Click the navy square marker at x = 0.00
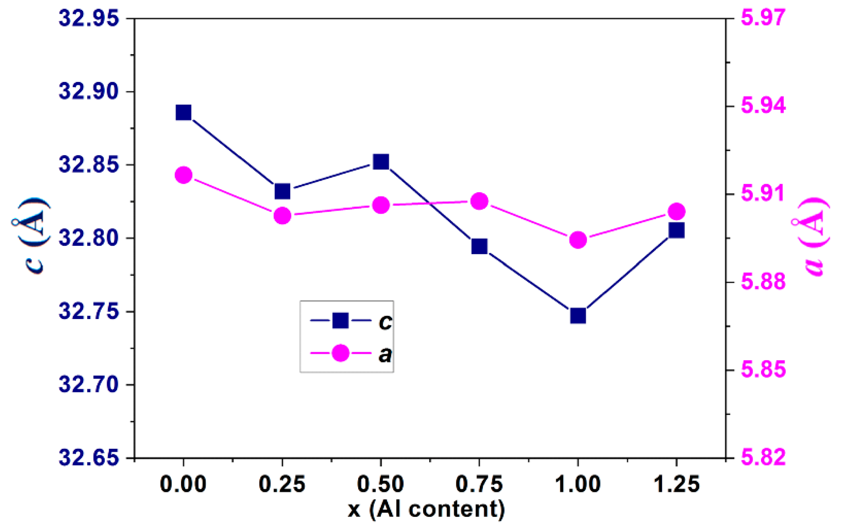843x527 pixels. point(183,112)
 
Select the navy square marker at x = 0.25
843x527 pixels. point(282,191)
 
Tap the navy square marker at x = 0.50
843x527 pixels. point(381,162)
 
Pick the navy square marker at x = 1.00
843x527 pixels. point(578,316)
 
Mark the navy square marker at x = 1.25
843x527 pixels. point(676,230)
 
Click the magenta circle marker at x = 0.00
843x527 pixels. point(184,175)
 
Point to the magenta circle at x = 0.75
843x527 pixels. point(480,201)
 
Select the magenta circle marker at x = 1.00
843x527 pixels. point(578,240)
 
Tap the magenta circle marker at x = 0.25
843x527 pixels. point(282,216)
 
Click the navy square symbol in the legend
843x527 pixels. point(340,321)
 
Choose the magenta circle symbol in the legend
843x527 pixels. point(340,353)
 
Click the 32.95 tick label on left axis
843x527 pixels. point(89,18)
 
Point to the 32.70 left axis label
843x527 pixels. point(89,385)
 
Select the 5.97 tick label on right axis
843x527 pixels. point(763,18)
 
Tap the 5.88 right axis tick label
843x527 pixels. point(763,282)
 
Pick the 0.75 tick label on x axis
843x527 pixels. point(479,484)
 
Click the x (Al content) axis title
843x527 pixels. point(426,509)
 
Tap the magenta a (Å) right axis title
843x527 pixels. point(812,237)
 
